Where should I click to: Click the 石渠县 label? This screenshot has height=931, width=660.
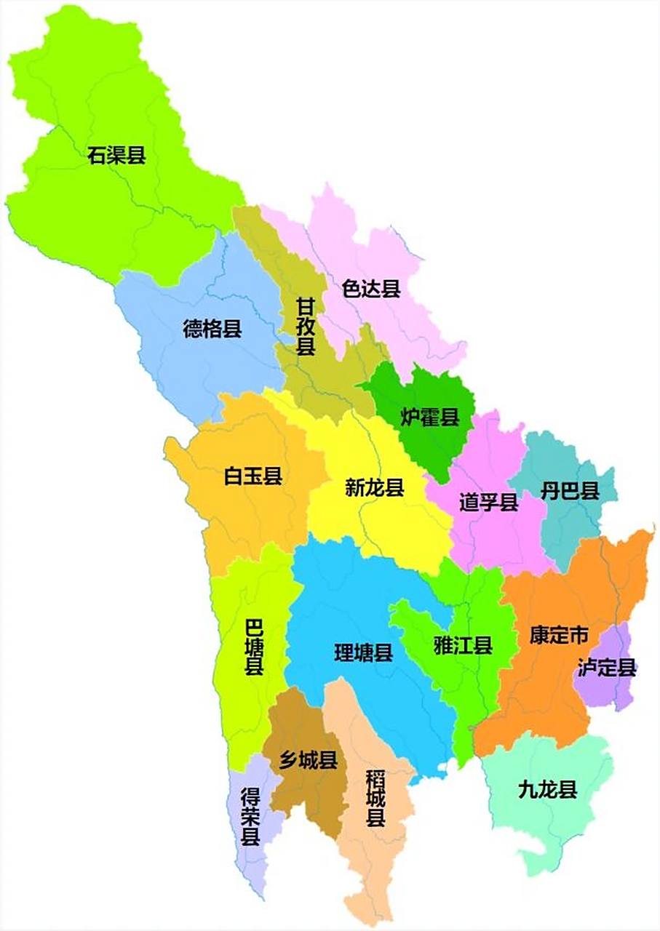[116, 155]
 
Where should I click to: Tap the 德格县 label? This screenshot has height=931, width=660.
[212, 329]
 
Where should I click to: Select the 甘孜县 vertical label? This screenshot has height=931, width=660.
[306, 326]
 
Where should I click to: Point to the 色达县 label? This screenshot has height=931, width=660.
[371, 289]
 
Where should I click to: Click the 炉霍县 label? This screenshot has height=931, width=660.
[430, 417]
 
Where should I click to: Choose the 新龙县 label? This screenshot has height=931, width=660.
[374, 487]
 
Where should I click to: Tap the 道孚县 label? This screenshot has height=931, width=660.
[488, 501]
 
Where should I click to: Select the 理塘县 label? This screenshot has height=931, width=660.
[363, 652]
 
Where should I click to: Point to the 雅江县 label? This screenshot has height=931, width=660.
[463, 644]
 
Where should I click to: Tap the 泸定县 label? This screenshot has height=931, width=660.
[607, 667]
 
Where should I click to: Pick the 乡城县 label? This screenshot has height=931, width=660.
[308, 761]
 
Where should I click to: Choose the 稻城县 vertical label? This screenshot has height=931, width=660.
[375, 798]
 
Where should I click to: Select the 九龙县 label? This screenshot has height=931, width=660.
[547, 789]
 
